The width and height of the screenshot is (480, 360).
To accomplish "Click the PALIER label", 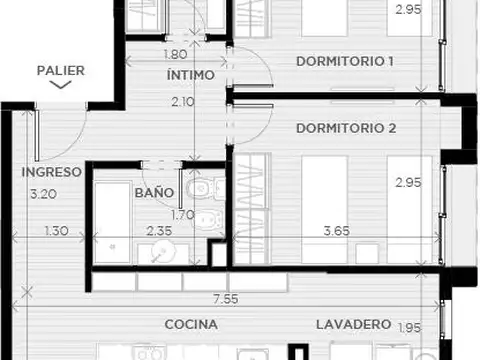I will (x=60, y=71).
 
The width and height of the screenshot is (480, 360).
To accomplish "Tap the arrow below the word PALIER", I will (x=60, y=86).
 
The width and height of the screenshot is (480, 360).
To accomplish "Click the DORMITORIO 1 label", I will (x=344, y=62).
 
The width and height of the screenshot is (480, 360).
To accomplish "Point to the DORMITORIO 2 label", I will (x=347, y=128).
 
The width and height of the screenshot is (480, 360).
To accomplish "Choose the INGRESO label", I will (x=50, y=172).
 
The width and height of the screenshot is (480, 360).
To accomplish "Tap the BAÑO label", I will (x=154, y=192).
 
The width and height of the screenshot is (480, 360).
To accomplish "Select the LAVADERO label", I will (x=352, y=325).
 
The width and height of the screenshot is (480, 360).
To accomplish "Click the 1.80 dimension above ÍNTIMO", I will (x=174, y=54).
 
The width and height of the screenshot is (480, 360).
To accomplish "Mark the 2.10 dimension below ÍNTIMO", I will (x=181, y=101).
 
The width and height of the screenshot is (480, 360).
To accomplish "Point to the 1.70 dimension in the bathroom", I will (x=181, y=213).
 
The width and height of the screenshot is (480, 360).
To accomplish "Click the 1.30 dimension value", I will (x=58, y=232).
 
